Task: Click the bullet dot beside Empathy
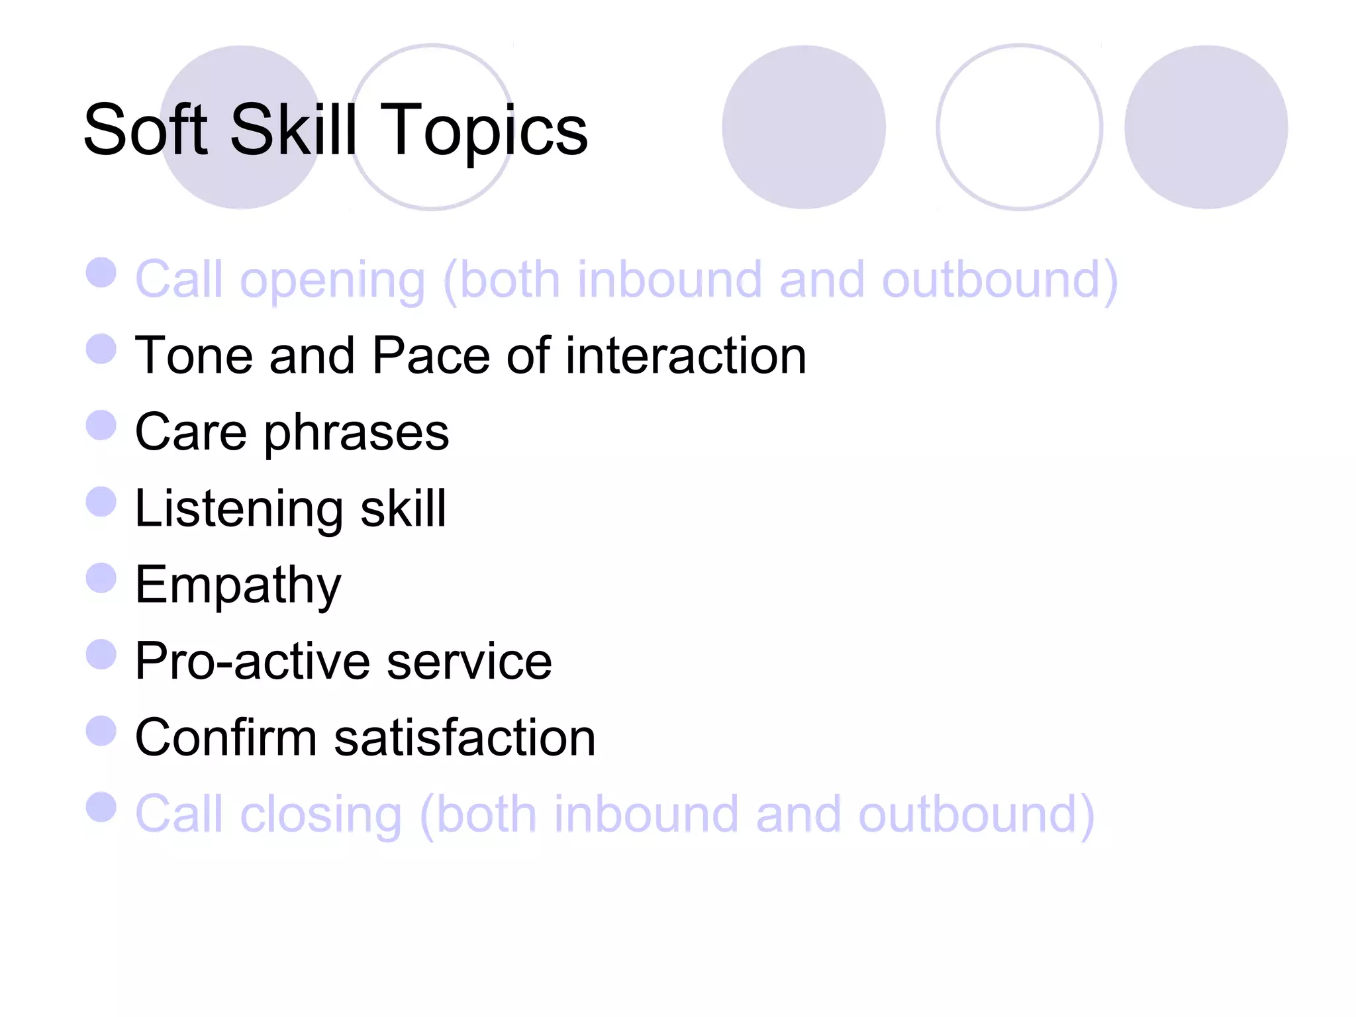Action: (101, 577)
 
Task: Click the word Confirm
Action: (226, 738)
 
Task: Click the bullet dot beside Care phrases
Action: (101, 425)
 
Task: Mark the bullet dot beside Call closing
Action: (101, 806)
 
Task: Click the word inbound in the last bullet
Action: (646, 814)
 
